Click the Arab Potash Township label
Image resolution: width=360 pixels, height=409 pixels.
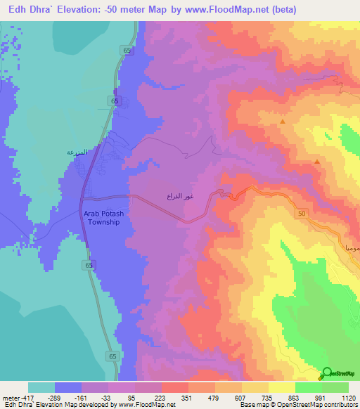click(104, 217)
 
